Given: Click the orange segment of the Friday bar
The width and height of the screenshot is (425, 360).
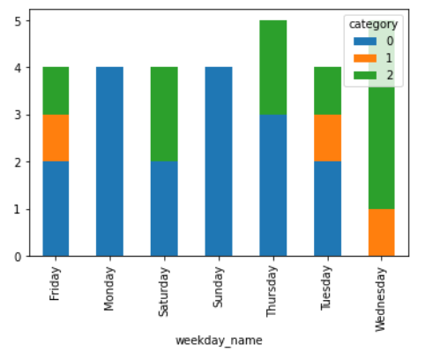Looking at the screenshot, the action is point(56,138).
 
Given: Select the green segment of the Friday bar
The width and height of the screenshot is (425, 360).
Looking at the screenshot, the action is point(56,91).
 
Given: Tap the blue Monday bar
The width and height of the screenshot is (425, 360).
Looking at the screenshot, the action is point(110,161).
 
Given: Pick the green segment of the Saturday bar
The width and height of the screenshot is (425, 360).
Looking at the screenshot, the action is point(164,114).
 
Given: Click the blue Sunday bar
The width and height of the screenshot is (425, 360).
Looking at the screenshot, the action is point(219,161).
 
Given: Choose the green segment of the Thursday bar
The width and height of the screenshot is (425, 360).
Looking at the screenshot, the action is point(273,67).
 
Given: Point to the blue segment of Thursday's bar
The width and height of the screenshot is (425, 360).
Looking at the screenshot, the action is point(273,185).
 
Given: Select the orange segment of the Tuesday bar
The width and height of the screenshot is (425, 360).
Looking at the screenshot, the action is point(328,138).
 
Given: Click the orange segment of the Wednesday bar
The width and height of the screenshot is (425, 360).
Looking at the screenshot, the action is point(382,233).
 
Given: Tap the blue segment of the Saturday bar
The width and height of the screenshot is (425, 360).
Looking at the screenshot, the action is point(164,209).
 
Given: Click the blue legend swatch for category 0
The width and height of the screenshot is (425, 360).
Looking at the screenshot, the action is point(365,41).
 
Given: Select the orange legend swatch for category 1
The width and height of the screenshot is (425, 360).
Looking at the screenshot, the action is point(365,58).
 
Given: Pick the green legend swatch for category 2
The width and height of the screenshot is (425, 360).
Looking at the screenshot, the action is point(365,75).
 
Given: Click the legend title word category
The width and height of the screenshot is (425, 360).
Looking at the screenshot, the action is point(373,25).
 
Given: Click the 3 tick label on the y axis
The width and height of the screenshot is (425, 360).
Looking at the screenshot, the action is point(18,115).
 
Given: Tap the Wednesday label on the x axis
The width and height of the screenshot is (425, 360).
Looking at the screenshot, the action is point(380,299).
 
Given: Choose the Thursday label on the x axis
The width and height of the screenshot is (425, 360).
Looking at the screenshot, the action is point(272,291).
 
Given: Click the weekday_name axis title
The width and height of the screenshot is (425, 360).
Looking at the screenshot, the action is point(219,341).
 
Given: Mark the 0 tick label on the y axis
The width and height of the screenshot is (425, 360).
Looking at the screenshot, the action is point(18,257).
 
